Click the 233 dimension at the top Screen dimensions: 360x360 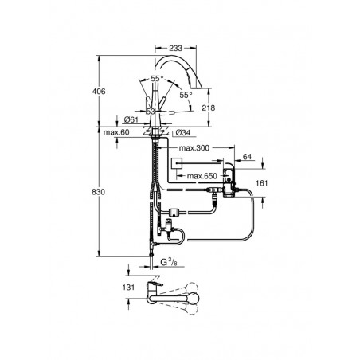176,48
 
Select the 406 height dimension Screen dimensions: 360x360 99,92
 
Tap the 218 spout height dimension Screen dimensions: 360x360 209,108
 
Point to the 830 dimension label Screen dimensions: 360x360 98,192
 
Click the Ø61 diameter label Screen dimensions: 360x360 131,119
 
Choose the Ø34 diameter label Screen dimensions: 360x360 183,132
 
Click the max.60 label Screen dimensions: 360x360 116,132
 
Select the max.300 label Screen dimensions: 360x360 194,147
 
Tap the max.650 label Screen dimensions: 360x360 202,176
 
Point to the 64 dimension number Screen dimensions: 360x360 247,157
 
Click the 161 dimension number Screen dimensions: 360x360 262,183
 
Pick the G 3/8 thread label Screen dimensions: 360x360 169,262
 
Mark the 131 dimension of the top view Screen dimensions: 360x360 128,288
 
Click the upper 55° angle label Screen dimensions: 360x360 157,79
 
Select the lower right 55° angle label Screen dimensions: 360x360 186,95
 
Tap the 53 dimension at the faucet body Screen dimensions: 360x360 151,111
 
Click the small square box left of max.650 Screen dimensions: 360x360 177,163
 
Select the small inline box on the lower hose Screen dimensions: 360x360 175,212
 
